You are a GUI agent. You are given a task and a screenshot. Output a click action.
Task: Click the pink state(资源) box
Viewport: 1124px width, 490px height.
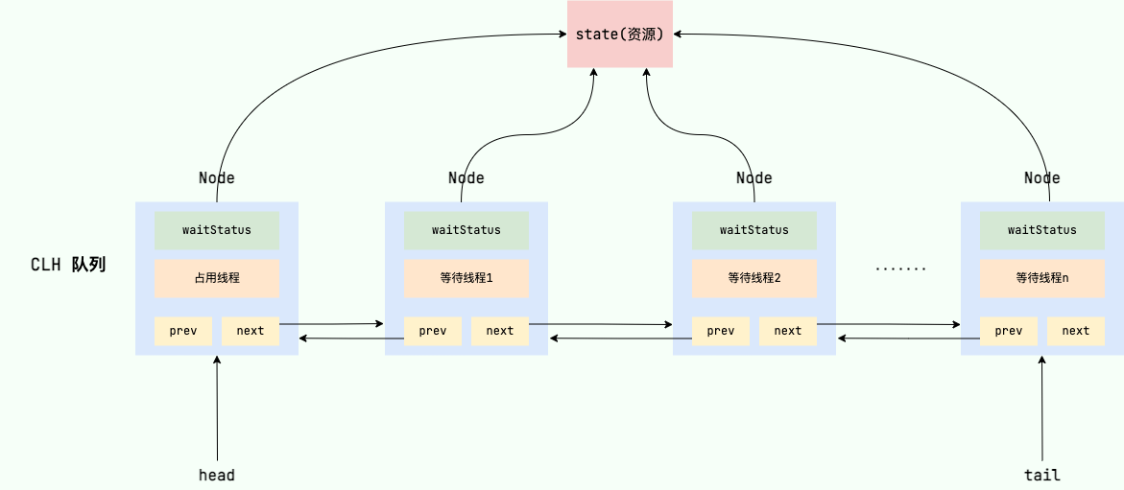(619, 35)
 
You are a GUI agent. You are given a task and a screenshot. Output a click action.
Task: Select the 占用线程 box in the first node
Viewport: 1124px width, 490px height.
(217, 278)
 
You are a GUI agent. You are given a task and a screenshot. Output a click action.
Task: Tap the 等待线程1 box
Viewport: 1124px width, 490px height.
(466, 278)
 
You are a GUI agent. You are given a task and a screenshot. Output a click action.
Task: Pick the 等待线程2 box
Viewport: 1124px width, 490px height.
(754, 278)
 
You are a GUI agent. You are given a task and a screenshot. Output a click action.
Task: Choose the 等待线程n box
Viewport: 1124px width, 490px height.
(1042, 278)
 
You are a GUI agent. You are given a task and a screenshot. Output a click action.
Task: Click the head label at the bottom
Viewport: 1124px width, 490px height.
(217, 475)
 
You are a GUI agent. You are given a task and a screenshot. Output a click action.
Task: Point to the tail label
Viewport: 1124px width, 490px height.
(1042, 475)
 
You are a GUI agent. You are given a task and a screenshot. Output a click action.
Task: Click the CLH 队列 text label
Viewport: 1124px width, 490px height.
(67, 265)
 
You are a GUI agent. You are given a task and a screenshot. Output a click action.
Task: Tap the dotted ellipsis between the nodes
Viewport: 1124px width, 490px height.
(900, 269)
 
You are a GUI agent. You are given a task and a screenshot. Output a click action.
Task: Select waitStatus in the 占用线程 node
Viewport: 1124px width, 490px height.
(217, 230)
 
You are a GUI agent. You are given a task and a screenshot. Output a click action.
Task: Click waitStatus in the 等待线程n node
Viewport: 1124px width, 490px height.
(1042, 230)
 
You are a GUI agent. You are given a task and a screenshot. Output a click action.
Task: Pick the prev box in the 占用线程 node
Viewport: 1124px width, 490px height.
(183, 331)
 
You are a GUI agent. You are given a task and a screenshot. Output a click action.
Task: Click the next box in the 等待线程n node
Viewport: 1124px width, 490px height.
(1076, 331)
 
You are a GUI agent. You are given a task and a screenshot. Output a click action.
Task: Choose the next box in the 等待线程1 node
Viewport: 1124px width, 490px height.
(500, 331)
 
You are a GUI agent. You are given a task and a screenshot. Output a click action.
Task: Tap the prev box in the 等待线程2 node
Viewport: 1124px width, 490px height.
(721, 331)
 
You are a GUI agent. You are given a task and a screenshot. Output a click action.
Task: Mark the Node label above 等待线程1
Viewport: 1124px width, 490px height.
(466, 177)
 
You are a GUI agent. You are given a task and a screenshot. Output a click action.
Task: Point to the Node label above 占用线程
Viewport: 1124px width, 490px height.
(217, 177)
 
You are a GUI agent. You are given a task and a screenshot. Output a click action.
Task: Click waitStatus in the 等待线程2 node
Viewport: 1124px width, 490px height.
(754, 230)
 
